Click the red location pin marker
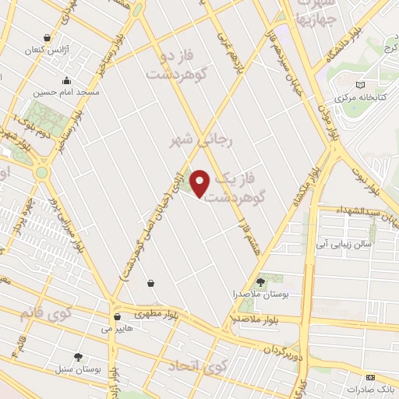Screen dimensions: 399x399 201,183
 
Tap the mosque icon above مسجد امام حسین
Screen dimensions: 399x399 67,80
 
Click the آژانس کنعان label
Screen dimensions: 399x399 48,49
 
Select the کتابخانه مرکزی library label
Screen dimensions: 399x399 359,98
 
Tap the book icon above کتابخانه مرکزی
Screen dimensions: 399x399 359,86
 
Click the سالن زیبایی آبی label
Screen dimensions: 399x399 345,244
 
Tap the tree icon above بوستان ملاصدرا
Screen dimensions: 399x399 261,282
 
